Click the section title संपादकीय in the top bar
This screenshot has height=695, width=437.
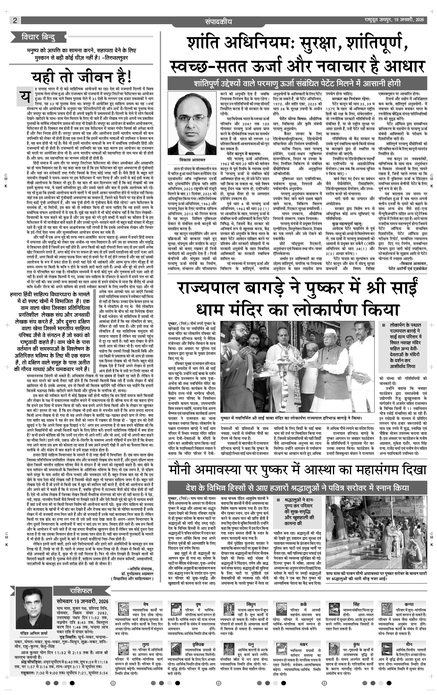[218, 22]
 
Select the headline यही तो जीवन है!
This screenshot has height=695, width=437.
[82, 77]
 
